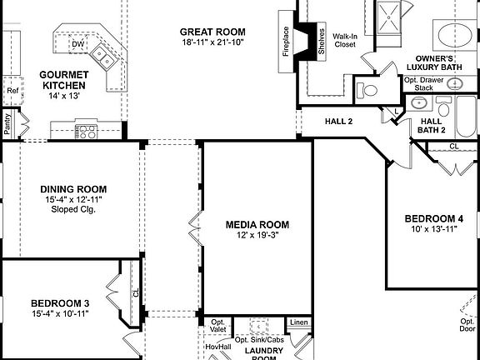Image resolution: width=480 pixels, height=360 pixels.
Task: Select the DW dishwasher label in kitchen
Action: pos(77,44)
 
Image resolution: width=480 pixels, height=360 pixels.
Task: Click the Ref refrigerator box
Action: pos(12,91)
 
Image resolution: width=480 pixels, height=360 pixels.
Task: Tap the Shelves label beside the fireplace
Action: pos(322,42)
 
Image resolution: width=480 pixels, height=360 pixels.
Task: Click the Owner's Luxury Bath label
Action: pos(430,62)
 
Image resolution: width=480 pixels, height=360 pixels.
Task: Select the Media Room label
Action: pos(257,224)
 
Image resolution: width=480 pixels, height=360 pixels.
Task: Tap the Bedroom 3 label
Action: pos(59,302)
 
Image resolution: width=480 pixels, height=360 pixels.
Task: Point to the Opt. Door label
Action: pos(467,323)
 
